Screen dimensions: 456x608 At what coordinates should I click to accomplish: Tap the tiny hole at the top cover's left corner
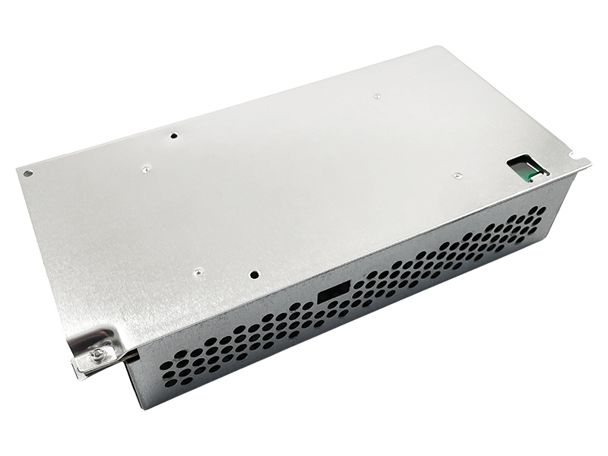pyautogui.click(x=28, y=173)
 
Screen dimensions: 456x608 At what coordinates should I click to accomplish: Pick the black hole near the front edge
pyautogui.click(x=255, y=275)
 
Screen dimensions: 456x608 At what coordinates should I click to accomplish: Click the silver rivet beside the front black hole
pyautogui.click(x=198, y=270)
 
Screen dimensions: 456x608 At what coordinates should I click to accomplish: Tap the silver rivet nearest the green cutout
pyautogui.click(x=456, y=175)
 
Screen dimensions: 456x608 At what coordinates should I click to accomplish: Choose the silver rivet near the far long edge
pyautogui.click(x=378, y=96)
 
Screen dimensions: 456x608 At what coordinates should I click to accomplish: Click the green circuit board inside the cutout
pyautogui.click(x=525, y=173)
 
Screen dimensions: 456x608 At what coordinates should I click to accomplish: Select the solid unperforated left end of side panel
pyautogui.click(x=141, y=380)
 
